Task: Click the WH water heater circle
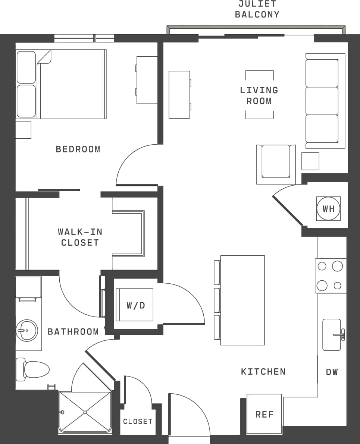pos(328,209)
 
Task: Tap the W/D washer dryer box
pos(135,305)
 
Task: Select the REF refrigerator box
pos(264,414)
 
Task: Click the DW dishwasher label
pos(332,372)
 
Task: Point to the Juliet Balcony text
pos(257,10)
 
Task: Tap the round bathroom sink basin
pos(27,330)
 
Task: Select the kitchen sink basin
pos(331,334)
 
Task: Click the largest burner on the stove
pos(337,266)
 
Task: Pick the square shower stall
pos(85,412)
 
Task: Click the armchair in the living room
pos(276,161)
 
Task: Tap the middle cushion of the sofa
pos(322,101)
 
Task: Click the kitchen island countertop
pos(242,300)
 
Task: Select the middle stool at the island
pos(217,300)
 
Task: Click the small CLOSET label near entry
pos(138,421)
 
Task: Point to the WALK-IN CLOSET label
pos(80,237)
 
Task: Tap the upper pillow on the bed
pos(26,67)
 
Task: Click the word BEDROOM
pos(78,149)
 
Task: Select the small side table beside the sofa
pos(310,161)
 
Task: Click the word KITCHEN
pos(263,371)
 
